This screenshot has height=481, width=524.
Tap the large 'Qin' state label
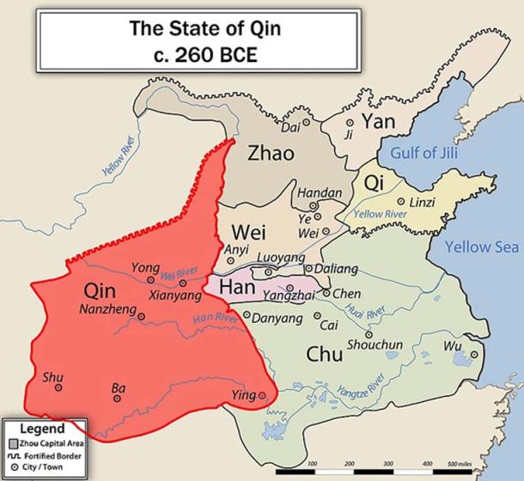pyautogui.click(x=106, y=291)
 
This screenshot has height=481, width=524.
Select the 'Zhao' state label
pyautogui.click(x=271, y=153)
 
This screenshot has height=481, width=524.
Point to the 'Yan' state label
pyautogui.click(x=378, y=122)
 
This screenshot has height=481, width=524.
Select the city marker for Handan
pyautogui.click(x=314, y=206)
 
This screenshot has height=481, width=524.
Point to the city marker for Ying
pyautogui.click(x=262, y=396)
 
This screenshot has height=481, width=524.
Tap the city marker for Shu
pyautogui.click(x=58, y=387)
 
